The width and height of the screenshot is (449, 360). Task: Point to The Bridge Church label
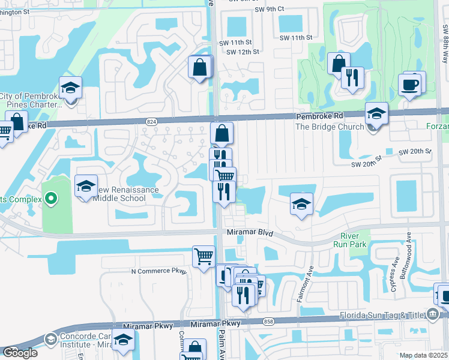click(x=330, y=127)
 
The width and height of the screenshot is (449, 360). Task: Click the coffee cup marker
click(x=410, y=85)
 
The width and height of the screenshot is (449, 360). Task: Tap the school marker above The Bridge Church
click(x=376, y=113)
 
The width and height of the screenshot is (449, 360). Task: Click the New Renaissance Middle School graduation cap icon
click(x=86, y=185)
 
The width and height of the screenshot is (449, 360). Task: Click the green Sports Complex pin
click(x=52, y=197)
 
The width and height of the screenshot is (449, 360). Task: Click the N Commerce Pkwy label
click(x=159, y=271)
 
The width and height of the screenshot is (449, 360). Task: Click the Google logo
click(x=19, y=353)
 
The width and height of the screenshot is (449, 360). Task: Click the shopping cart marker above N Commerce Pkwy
click(x=203, y=256)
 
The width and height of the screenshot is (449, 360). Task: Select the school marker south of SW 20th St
click(x=301, y=203)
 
